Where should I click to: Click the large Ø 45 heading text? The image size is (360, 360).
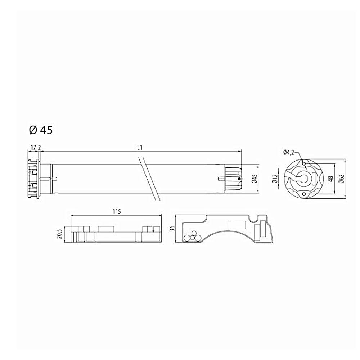(x=41, y=130)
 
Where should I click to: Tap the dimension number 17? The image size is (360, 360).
(x=33, y=147)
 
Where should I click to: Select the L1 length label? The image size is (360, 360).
(x=140, y=147)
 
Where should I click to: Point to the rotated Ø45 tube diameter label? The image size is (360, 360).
(x=255, y=179)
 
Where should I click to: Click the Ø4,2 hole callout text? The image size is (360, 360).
(x=289, y=152)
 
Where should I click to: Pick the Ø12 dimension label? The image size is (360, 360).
(x=274, y=179)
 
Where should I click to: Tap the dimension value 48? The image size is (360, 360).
(x=331, y=179)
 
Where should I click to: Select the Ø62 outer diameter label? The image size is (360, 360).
(x=342, y=179)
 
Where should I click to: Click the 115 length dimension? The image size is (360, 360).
(x=117, y=211)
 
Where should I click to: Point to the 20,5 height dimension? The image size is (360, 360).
(x=60, y=234)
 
